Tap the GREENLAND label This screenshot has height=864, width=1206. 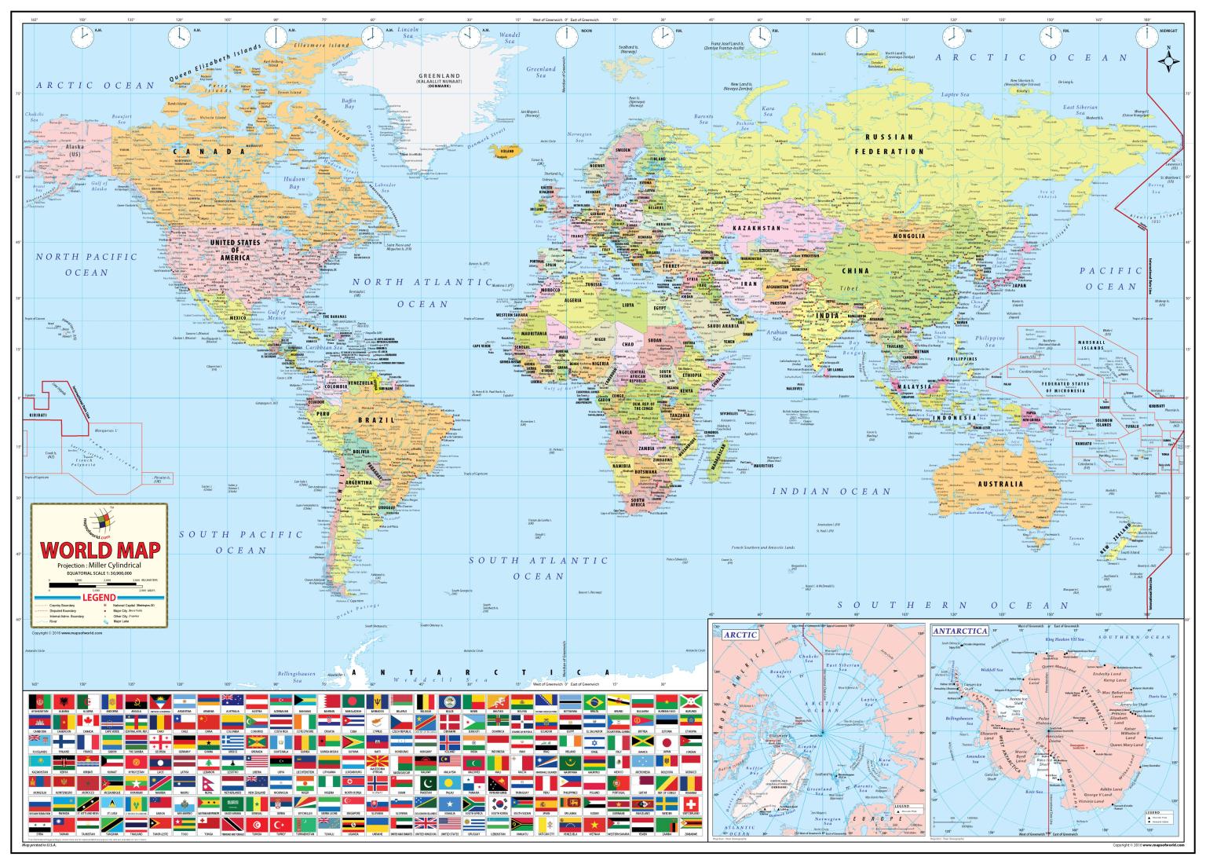coord(439,76)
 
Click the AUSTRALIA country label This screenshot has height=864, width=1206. coord(1000,484)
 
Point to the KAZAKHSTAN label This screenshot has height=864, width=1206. coord(757,228)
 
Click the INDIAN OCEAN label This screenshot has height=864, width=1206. coord(831,492)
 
